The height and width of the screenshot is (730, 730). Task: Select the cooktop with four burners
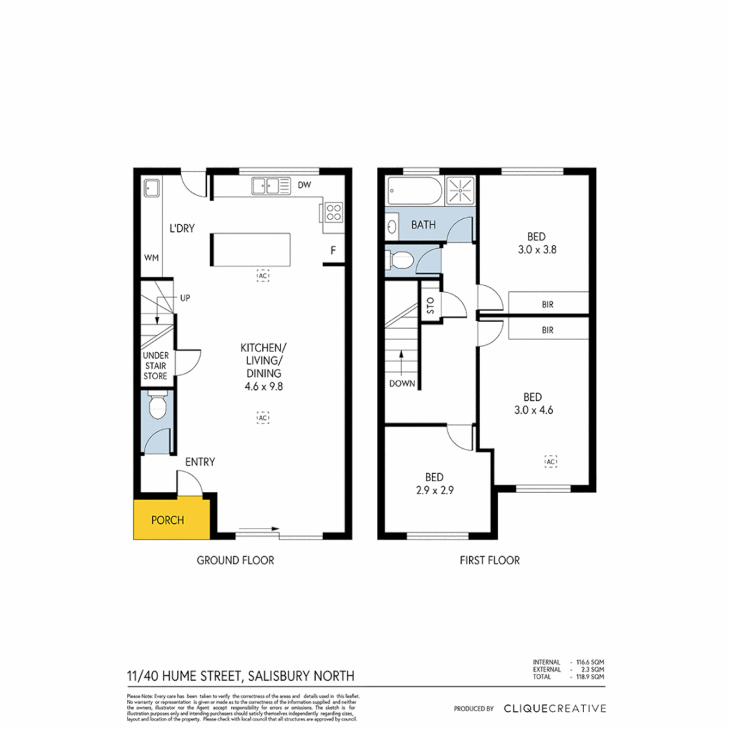click(x=333, y=213)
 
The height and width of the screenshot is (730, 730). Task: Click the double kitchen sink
click(x=267, y=185)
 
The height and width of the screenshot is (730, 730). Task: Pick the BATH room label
click(x=423, y=226)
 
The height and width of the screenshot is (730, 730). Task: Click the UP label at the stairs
click(x=184, y=297)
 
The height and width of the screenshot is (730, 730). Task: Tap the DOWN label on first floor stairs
click(x=401, y=383)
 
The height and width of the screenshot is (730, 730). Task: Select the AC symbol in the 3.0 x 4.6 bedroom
click(x=551, y=461)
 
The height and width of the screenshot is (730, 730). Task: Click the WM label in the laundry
click(x=151, y=258)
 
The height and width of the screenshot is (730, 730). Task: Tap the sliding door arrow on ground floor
click(x=260, y=530)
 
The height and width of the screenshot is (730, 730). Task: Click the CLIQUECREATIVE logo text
click(x=554, y=708)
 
